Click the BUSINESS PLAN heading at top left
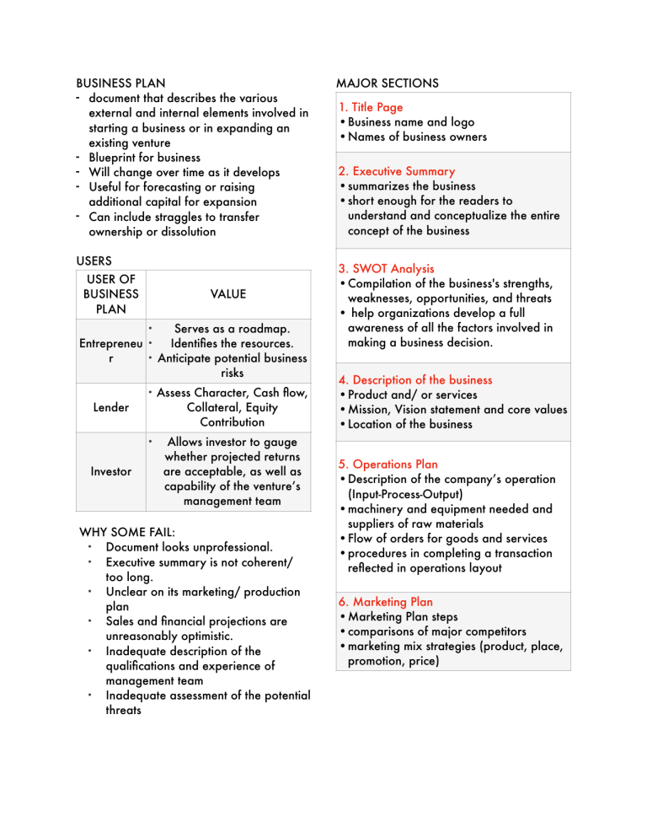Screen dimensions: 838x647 [x=120, y=83]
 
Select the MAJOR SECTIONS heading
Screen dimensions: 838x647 [x=387, y=83]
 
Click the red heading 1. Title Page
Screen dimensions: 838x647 [x=371, y=107]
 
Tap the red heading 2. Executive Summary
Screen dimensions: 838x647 [x=396, y=171]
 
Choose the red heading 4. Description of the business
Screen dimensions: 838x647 [x=426, y=380]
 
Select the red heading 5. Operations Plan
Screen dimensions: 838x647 [x=389, y=464]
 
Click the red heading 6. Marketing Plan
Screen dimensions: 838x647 [x=385, y=602]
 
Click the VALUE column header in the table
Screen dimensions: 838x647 [x=228, y=293]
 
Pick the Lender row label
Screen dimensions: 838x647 [x=111, y=407]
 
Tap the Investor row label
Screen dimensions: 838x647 [x=111, y=471]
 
